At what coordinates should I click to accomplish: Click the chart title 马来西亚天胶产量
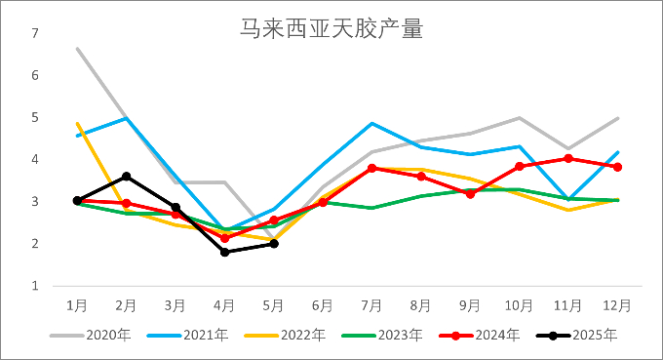[x=331, y=29]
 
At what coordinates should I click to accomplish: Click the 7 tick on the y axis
[x=35, y=33]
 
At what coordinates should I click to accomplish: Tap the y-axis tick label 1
[x=35, y=286]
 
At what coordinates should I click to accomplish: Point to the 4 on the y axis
[x=35, y=159]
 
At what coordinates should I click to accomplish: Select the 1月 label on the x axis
[x=77, y=305]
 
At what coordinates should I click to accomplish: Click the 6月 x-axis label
[x=323, y=305]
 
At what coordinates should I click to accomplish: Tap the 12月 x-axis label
[x=617, y=305]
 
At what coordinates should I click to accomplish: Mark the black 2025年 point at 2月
[x=126, y=177]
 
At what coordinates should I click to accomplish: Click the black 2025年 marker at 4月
[x=225, y=252]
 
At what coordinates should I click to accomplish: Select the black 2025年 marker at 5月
[x=274, y=244]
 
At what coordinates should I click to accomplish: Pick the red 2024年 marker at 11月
[x=569, y=158]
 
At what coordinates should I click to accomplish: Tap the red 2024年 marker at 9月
[x=471, y=193]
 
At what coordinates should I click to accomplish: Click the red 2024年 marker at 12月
[x=618, y=167]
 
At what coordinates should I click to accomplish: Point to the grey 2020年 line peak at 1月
[x=77, y=48]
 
